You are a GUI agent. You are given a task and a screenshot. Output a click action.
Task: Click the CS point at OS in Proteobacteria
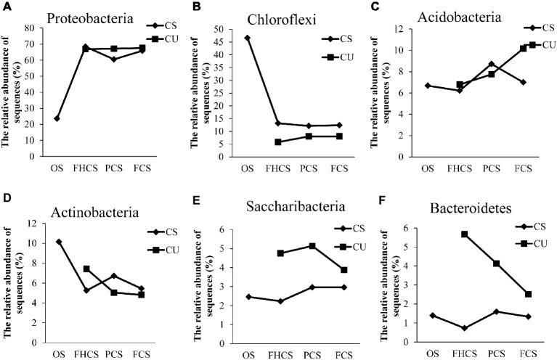pyautogui.click(x=57, y=118)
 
